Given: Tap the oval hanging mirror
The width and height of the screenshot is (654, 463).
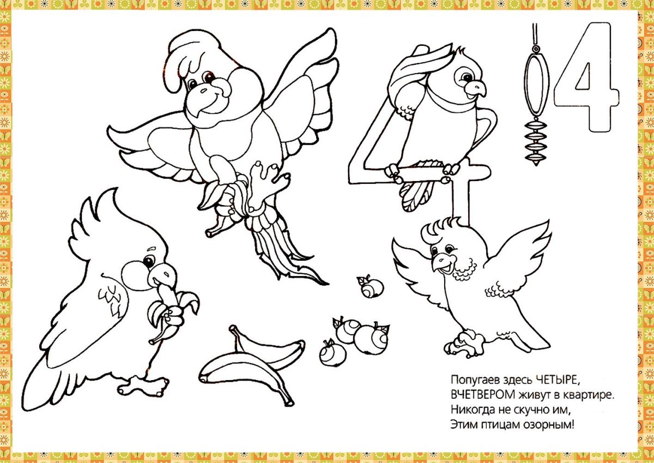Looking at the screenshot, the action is tap(536, 85).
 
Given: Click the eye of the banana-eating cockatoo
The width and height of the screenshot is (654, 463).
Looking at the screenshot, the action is tap(149, 261).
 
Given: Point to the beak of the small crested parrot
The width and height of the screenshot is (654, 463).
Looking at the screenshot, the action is tap(441, 263).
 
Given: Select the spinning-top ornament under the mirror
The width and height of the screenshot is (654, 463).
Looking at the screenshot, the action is tap(536, 142).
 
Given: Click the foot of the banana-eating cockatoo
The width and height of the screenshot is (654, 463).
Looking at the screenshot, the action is tap(143, 384).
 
